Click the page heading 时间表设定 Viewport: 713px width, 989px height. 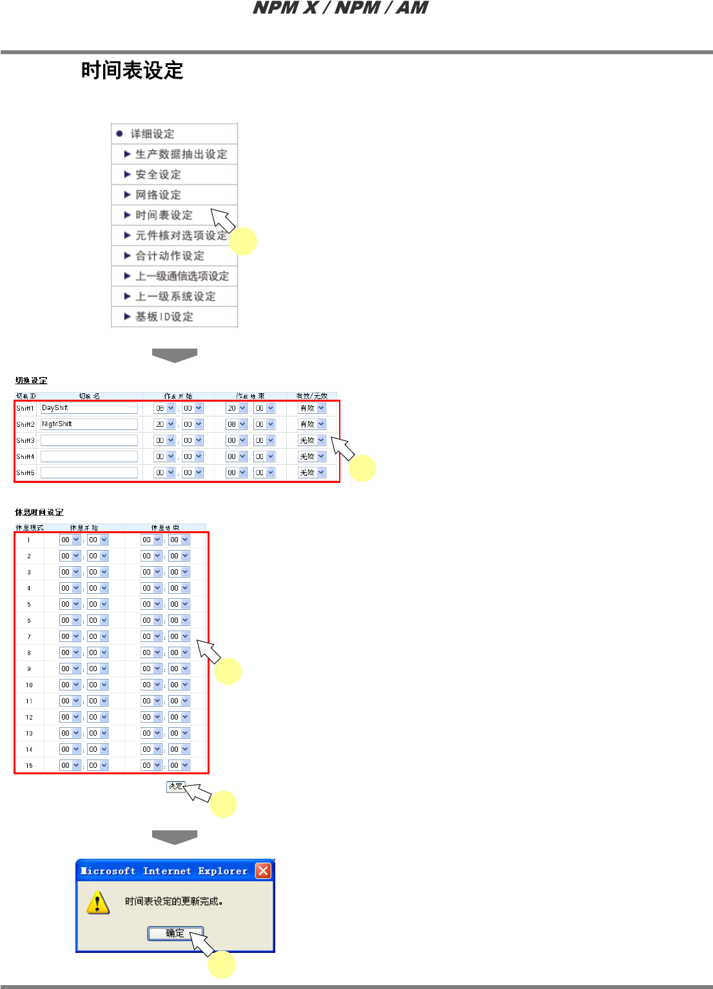click(x=132, y=70)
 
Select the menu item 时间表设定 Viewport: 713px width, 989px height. click(x=164, y=215)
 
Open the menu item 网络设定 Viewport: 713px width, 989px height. click(x=158, y=195)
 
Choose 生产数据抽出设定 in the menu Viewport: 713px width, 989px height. click(x=181, y=154)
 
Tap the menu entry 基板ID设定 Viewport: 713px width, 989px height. click(x=164, y=317)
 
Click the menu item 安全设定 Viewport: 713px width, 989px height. click(x=158, y=175)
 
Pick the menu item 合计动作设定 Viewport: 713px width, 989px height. click(x=170, y=256)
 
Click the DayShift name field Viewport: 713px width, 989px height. click(x=89, y=408)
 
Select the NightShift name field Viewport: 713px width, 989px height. click(x=89, y=424)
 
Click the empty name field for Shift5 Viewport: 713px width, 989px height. click(x=89, y=473)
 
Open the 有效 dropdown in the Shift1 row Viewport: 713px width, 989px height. click(x=312, y=408)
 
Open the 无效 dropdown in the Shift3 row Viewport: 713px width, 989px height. click(x=312, y=440)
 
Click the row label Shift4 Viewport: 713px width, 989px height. click(x=25, y=456)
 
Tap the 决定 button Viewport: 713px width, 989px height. click(x=175, y=787)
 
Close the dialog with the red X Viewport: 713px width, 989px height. click(x=263, y=871)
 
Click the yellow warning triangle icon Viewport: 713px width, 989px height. click(x=97, y=903)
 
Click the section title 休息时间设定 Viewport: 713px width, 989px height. click(x=39, y=513)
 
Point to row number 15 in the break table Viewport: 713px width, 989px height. click(x=29, y=766)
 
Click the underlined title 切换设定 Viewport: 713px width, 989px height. click(x=32, y=380)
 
